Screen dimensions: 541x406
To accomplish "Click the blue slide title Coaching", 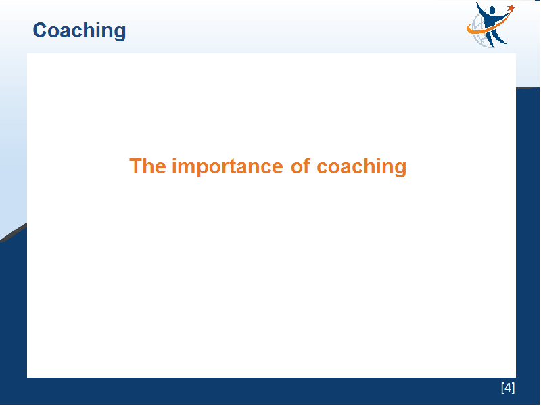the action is [79, 31].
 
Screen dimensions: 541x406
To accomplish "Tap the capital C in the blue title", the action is [40, 30].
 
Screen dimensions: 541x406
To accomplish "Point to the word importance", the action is [228, 166].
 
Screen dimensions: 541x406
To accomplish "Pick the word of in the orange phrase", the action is [300, 166].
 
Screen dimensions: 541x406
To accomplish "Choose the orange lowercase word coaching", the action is [362, 167].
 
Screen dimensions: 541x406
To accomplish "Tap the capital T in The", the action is [136, 166].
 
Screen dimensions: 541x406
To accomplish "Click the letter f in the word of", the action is [306, 166].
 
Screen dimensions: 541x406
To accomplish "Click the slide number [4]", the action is [508, 388].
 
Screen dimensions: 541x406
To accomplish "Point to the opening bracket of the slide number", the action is [502, 388].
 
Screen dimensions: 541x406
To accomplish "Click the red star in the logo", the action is [511, 8].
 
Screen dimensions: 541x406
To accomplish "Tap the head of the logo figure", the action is [492, 10].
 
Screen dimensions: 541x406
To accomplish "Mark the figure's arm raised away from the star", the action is [481, 9].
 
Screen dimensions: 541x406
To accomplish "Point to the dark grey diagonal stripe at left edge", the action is [13, 232].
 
